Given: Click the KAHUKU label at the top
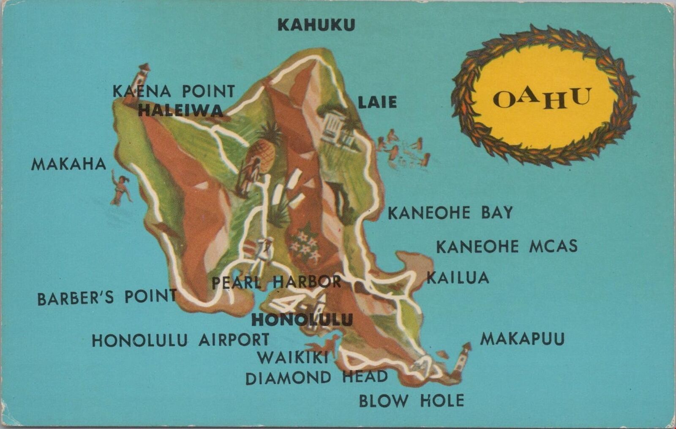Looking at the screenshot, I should (316, 25).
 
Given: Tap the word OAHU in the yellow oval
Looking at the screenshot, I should (542, 99).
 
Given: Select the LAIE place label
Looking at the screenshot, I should (377, 102).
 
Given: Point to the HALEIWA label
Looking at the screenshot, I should (180, 111).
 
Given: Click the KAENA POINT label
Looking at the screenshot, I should (173, 91).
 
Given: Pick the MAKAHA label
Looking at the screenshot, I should (68, 164).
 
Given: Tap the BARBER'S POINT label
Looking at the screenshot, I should (107, 298).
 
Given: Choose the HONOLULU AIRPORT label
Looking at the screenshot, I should (180, 340).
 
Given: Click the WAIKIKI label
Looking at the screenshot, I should (293, 358).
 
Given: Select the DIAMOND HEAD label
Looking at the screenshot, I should (316, 377).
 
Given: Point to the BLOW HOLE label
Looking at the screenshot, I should (412, 400).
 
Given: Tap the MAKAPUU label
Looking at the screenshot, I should (522, 339).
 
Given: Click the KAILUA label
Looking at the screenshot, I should (458, 278).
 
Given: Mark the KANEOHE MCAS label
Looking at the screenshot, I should (507, 246).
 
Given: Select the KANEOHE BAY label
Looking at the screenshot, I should (450, 213).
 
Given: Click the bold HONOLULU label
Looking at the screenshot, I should (302, 320).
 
